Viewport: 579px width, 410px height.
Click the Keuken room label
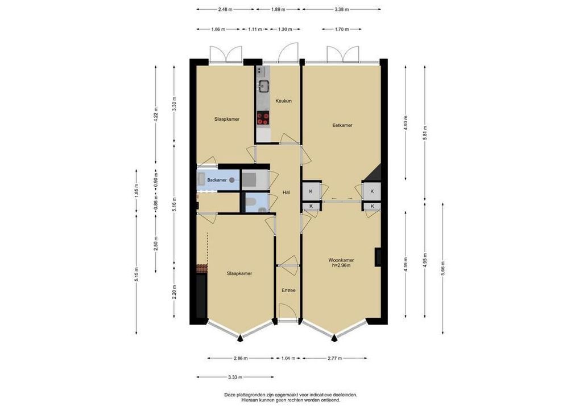point(284,101)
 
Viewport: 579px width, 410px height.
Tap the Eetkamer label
point(342,125)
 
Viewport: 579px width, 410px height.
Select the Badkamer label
point(217,180)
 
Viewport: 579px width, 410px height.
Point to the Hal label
point(286,192)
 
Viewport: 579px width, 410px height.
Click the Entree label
point(288,290)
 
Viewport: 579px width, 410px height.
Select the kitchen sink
point(264,86)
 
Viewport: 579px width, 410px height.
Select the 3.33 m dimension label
point(235,378)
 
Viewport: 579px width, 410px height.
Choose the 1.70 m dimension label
point(342,29)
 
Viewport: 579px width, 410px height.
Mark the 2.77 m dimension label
point(334,358)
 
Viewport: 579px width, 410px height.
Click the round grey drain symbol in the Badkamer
point(232,180)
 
